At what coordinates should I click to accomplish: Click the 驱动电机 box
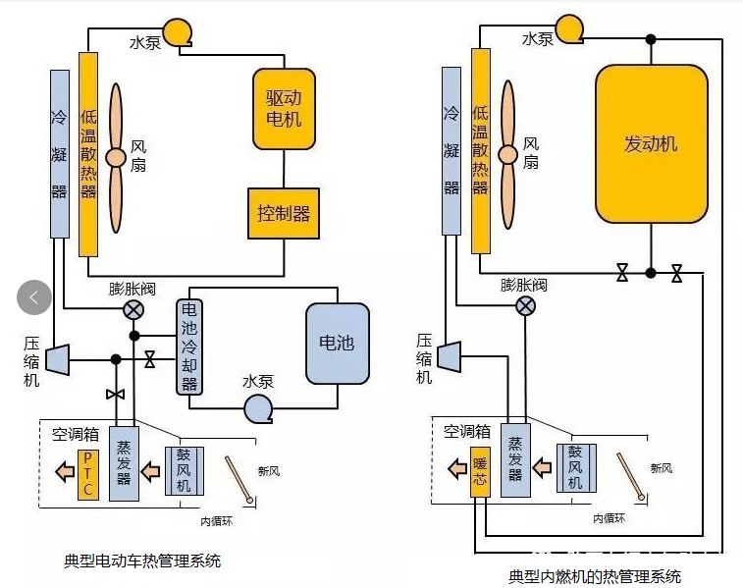(284, 109)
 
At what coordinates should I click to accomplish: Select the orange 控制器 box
(283, 213)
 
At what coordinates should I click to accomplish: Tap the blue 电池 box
(337, 343)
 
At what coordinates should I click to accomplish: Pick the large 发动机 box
(651, 143)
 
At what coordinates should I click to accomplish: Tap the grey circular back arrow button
(34, 296)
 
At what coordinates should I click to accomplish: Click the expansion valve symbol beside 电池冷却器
(133, 309)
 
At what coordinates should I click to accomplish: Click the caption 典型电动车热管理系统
(142, 561)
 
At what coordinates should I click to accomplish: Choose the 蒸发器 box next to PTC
(124, 464)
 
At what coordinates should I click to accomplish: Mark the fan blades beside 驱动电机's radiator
(116, 156)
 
